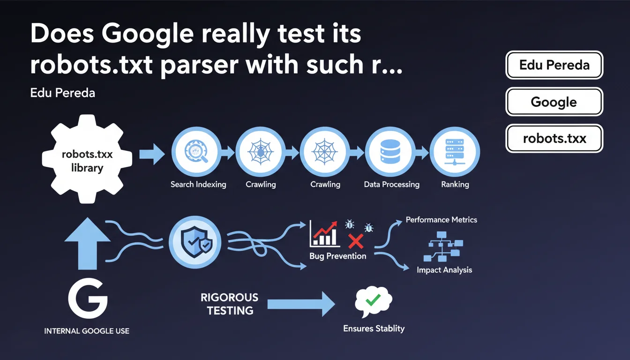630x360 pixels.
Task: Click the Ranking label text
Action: point(455,184)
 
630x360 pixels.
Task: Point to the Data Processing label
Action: point(391,184)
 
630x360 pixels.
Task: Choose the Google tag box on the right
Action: point(554,102)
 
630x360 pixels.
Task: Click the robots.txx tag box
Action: point(554,138)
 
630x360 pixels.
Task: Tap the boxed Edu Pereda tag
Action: point(554,65)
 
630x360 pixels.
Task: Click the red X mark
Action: point(356,241)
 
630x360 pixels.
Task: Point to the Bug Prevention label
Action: point(337,256)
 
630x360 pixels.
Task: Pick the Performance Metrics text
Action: point(441,219)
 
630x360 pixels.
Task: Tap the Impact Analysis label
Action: point(444,270)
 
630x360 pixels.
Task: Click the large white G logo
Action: point(88,298)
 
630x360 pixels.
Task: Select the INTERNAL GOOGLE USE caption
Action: point(87,331)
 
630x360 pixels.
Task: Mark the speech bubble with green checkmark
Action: point(374,300)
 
